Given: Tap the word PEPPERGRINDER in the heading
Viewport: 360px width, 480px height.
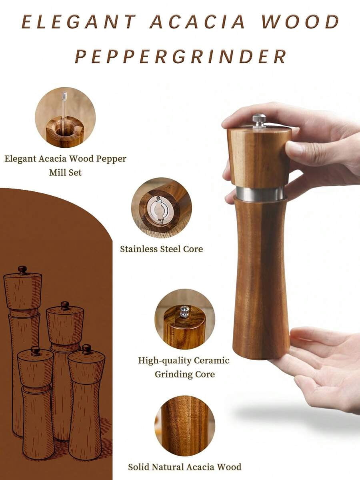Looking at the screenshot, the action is point(180,56).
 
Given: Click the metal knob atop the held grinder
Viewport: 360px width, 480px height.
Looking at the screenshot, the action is point(259,120).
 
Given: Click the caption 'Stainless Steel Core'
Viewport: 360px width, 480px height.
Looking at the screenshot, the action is point(162,249).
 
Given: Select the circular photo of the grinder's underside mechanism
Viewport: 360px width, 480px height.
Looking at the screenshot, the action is point(162,207).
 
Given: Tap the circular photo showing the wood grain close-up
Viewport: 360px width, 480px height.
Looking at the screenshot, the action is point(185,426).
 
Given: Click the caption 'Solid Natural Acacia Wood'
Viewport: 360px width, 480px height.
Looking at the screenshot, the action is point(184,467).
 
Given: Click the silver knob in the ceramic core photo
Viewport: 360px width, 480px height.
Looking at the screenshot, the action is point(184,311).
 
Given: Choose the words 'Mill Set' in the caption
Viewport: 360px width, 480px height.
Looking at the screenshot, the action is point(65,173).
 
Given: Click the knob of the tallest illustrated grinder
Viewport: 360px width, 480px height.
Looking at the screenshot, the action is point(22,270).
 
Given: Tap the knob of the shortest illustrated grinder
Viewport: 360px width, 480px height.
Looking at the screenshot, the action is point(36,351).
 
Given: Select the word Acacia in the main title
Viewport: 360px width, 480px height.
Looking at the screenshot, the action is point(198,22).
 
